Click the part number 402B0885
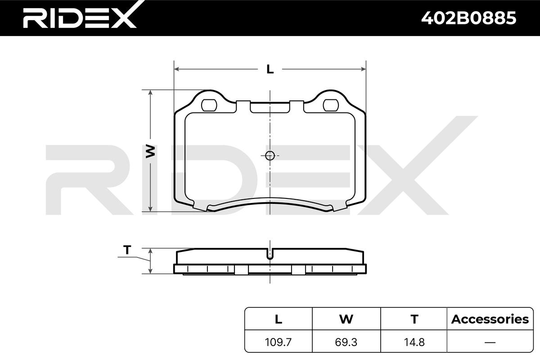pyautogui.click(x=468, y=18)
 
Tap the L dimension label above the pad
pyautogui.click(x=270, y=69)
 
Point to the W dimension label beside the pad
pyautogui.click(x=150, y=152)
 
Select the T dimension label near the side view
pyautogui.click(x=127, y=250)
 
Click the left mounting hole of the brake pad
pyautogui.click(x=209, y=105)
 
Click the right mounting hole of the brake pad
pyautogui.click(x=331, y=105)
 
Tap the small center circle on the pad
pyautogui.click(x=270, y=156)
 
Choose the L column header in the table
pyautogui.click(x=279, y=319)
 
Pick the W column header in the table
pyautogui.click(x=346, y=319)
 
